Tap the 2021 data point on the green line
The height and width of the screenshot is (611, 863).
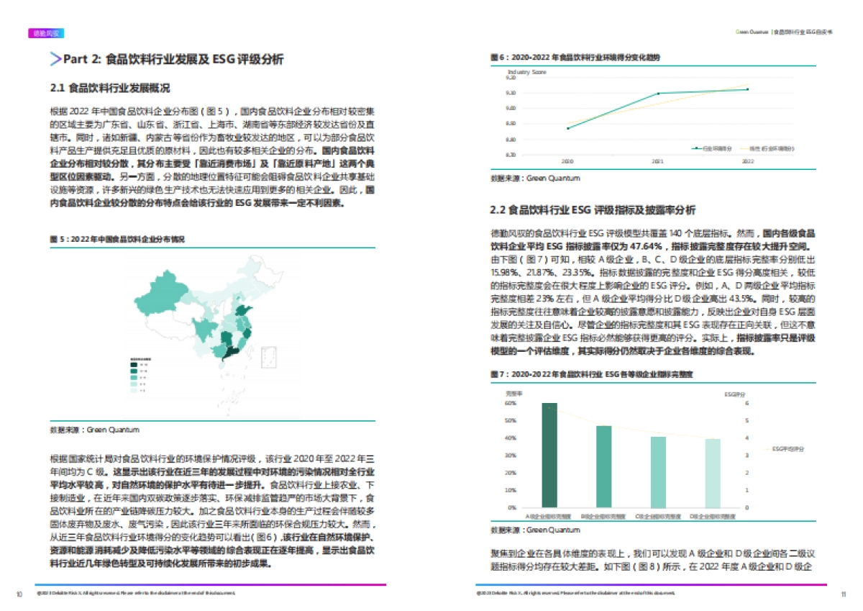click(657, 94)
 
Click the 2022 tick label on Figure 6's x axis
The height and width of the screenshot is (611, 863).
click(747, 162)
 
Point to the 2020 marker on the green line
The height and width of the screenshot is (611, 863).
click(568, 128)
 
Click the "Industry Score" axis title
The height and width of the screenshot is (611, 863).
click(527, 72)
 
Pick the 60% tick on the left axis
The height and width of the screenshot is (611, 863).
click(511, 404)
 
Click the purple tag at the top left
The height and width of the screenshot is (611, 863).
click(47, 33)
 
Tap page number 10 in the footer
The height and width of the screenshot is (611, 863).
click(19, 594)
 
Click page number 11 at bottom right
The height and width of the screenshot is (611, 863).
click(843, 594)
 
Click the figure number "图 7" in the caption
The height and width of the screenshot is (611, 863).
click(496, 375)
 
